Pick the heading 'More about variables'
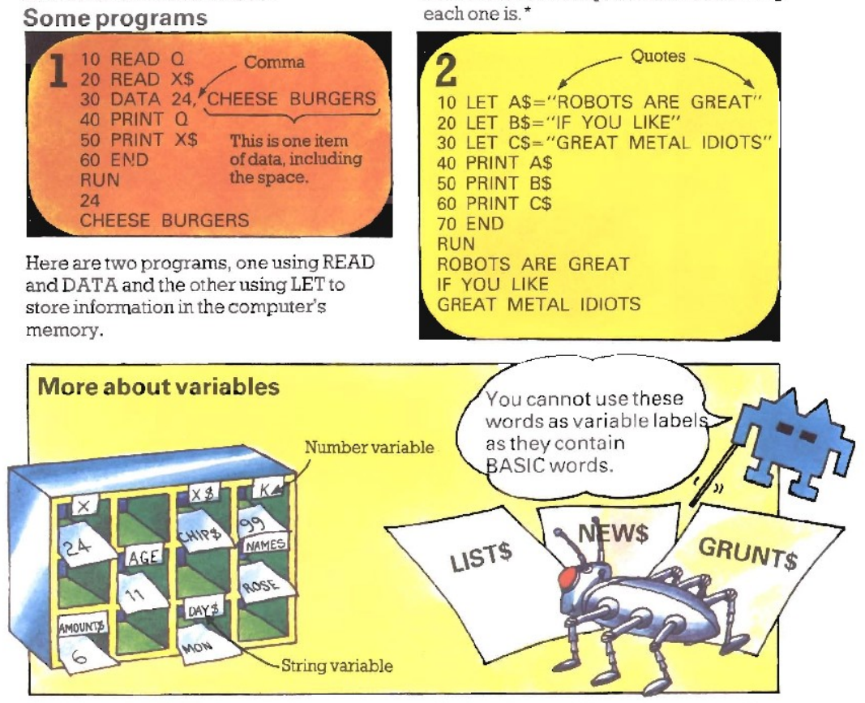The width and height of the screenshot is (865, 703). pos(158,387)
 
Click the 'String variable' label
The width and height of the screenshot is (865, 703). pos(336,667)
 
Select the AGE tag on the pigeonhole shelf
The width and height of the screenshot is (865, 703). pos(140,559)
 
